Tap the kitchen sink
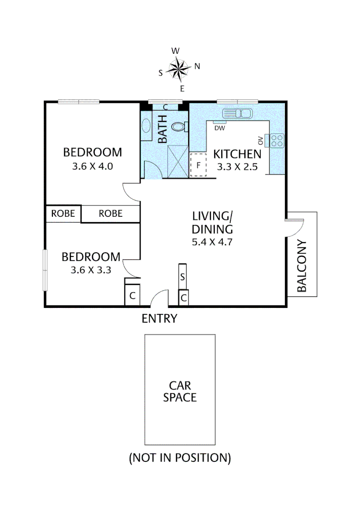click(238, 114)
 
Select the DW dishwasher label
click(219, 127)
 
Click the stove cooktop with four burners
click(277, 140)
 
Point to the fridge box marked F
click(198, 165)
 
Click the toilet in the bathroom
click(178, 127)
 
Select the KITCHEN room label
click(237, 154)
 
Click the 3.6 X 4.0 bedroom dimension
click(92, 166)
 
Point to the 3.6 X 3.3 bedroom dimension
click(91, 271)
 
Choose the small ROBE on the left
click(63, 213)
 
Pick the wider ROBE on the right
click(111, 214)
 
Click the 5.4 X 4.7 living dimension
click(212, 242)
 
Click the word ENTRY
click(159, 319)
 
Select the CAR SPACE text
click(180, 391)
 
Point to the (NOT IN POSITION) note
click(180, 458)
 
